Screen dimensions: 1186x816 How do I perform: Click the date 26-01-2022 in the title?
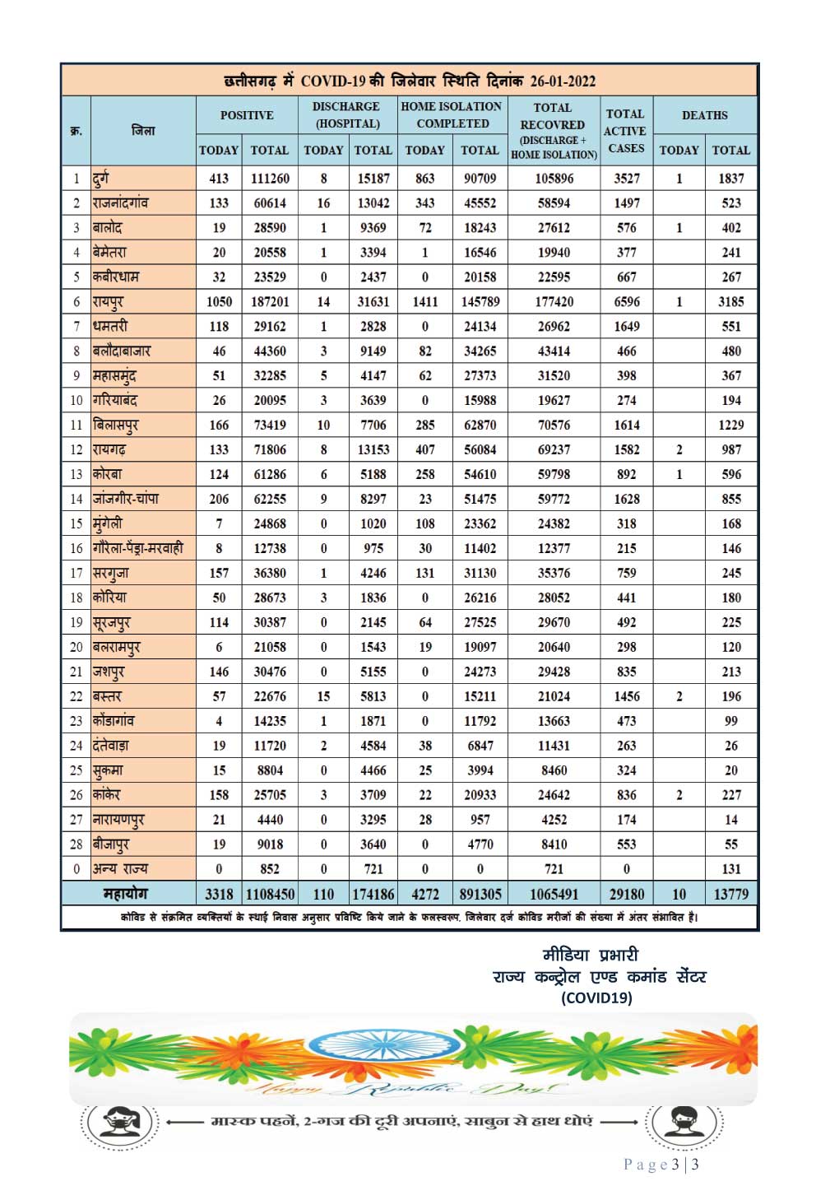click(x=563, y=81)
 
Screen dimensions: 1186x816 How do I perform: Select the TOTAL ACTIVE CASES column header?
click(x=625, y=131)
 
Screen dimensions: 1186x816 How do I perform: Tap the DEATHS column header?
click(x=704, y=115)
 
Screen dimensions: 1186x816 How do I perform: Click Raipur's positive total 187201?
click(x=270, y=302)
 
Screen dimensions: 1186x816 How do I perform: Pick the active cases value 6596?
click(x=626, y=302)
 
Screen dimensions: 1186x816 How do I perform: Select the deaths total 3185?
click(x=730, y=302)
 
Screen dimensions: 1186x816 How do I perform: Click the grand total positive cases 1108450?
click(x=270, y=894)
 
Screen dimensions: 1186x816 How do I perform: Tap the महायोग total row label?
click(x=125, y=894)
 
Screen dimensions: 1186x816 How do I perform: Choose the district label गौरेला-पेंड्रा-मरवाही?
click(x=138, y=548)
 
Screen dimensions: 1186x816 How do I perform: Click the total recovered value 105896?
click(x=554, y=179)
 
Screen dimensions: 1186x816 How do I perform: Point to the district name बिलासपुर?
click(x=116, y=426)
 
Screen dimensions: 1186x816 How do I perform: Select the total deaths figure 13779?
click(x=730, y=894)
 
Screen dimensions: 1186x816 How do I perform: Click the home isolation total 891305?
click(x=480, y=894)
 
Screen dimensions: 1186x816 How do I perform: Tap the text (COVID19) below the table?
click(x=596, y=998)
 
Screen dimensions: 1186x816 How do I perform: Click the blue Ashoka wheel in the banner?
click(x=378, y=1045)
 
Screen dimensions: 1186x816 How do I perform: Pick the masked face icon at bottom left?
click(x=120, y=1121)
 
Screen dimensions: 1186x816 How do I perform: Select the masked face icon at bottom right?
click(x=684, y=1121)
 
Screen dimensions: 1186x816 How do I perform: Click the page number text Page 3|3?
click(x=661, y=1164)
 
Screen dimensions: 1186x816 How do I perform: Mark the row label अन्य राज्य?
click(x=121, y=869)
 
